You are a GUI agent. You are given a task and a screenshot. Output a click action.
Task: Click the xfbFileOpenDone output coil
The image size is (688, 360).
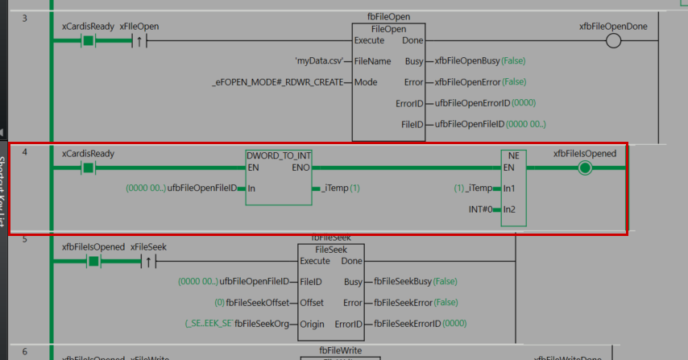[613, 41]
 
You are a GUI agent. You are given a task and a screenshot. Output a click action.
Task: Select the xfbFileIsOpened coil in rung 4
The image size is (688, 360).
[585, 168]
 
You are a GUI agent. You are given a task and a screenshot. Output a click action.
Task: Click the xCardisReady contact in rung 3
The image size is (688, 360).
[88, 41]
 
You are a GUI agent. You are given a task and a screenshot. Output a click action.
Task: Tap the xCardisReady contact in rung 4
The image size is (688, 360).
[88, 168]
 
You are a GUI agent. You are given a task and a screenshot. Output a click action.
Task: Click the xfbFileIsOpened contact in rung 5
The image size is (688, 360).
[93, 261]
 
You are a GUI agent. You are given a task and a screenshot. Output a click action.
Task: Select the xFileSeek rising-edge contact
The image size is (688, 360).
[148, 261]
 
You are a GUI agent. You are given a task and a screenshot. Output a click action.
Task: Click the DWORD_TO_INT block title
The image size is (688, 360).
[279, 155]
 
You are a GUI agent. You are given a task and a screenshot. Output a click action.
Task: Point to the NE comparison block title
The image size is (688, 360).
[512, 155]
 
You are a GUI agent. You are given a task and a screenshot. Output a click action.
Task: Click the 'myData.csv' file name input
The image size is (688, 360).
[320, 61]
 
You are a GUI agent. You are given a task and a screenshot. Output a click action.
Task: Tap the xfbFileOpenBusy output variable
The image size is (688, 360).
[466, 61]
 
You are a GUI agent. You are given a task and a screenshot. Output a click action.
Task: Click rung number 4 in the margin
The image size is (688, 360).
[25, 151]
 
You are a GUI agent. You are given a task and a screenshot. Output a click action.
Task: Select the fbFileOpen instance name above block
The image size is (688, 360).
[388, 16]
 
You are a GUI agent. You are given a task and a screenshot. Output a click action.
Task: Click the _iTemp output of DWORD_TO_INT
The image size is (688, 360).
[334, 188]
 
